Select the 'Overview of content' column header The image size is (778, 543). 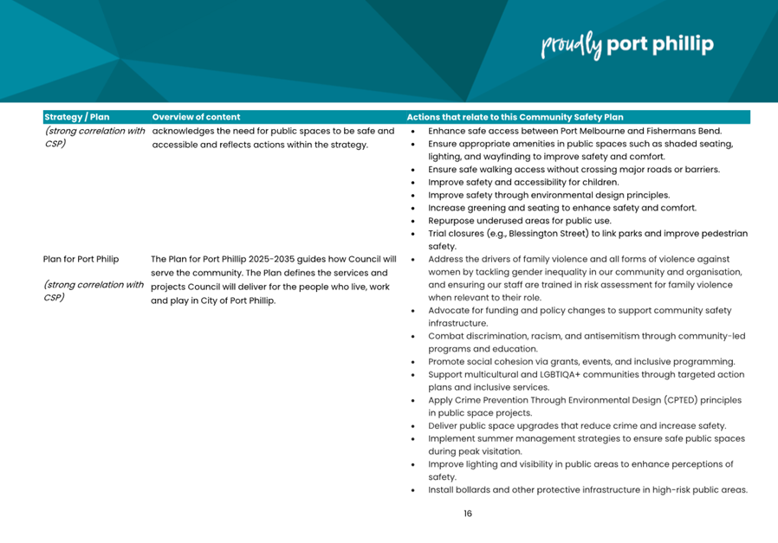[196, 117]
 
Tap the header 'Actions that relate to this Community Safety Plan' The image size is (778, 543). [515, 117]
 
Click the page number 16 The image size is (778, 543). [468, 514]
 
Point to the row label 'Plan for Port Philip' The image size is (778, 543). [81, 259]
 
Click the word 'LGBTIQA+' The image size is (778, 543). [541, 374]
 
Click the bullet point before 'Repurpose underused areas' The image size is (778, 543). [412, 221]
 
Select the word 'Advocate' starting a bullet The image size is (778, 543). [449, 310]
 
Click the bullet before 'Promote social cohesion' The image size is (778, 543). [412, 362]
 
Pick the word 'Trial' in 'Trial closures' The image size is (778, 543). [438, 234]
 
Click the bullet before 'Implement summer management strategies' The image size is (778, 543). [412, 439]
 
